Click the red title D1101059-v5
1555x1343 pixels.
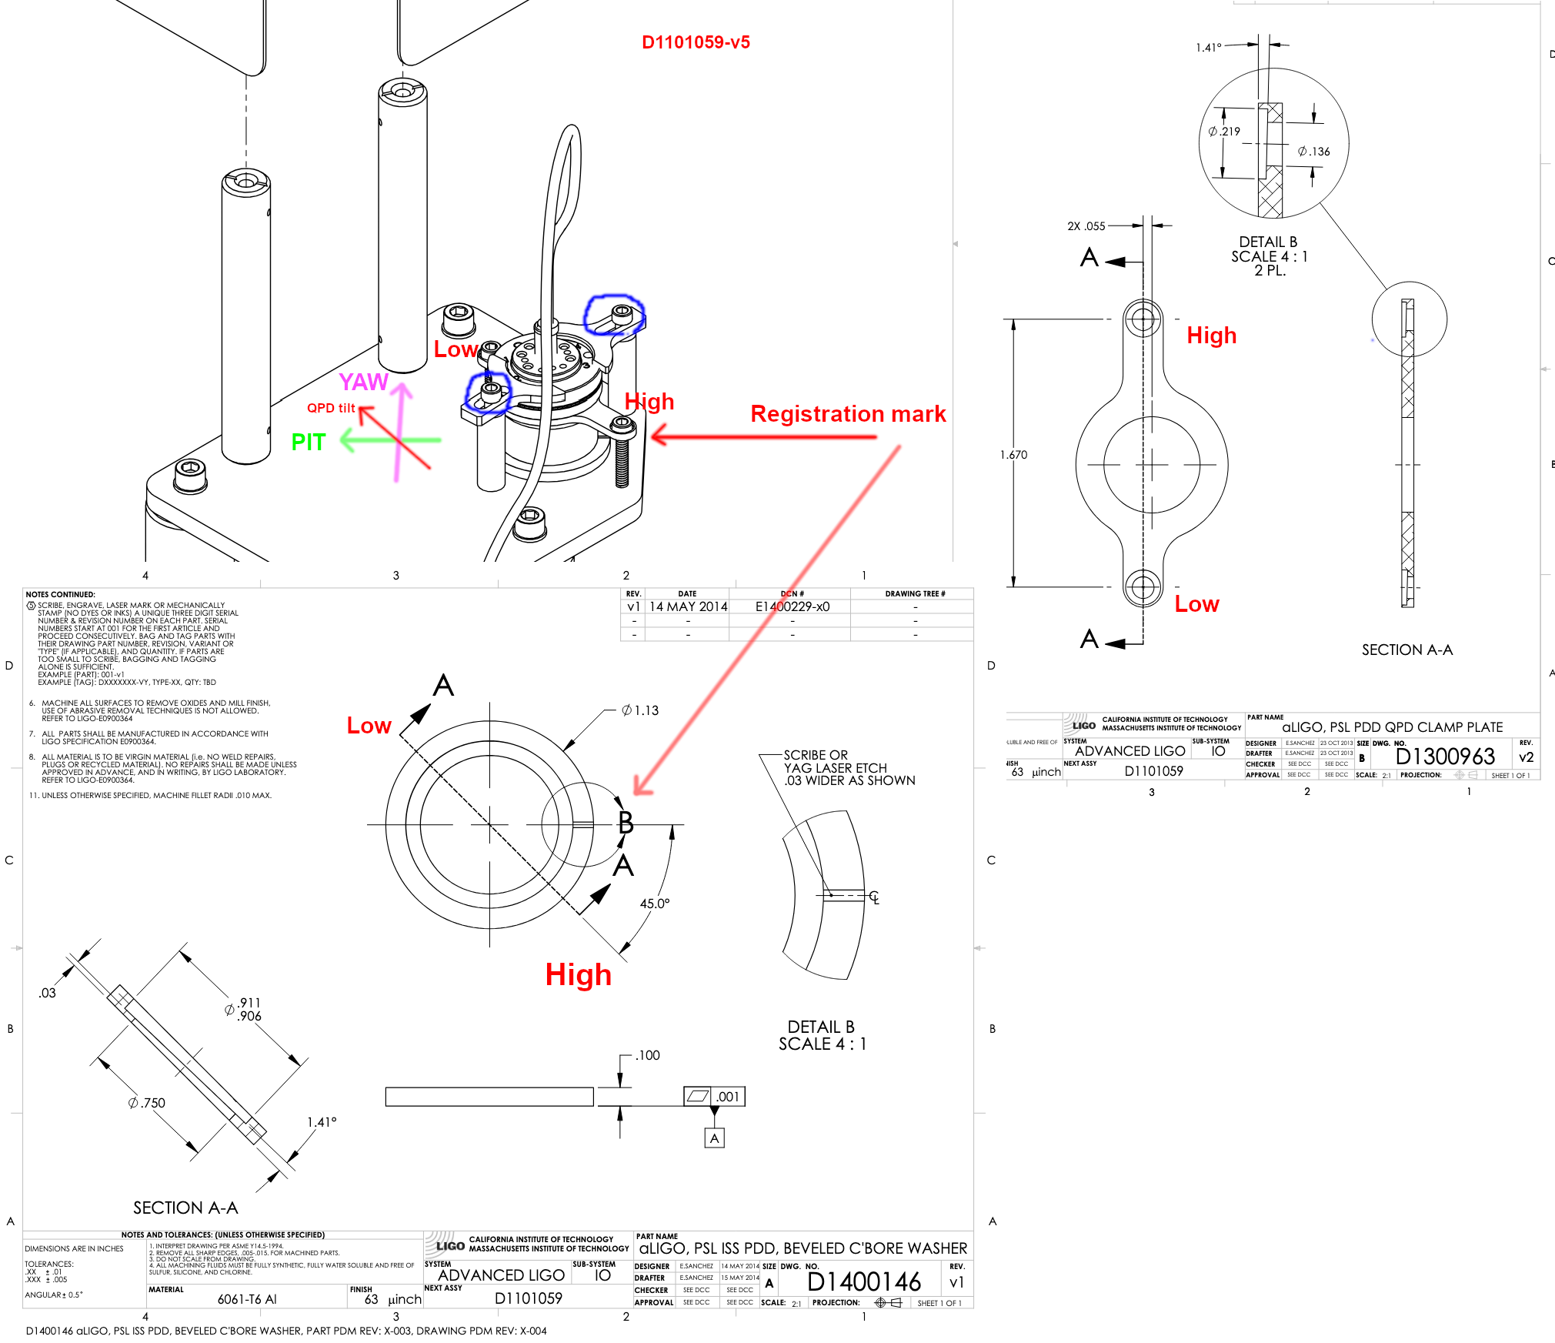[696, 42]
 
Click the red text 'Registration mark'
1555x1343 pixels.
[848, 414]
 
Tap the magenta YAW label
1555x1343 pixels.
[363, 382]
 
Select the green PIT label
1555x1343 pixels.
[308, 443]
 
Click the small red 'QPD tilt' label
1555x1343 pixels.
[331, 408]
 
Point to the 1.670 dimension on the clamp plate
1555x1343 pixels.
[1013, 455]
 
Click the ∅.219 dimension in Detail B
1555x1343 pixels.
[1224, 132]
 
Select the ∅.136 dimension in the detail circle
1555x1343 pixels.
[1314, 152]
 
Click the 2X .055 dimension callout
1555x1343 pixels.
[1086, 226]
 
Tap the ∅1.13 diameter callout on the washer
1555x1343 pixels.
[640, 710]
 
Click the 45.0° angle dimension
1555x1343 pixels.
[655, 904]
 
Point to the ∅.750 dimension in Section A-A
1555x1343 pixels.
[147, 1103]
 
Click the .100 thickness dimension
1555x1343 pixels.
[648, 1055]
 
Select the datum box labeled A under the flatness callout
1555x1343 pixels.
[714, 1138]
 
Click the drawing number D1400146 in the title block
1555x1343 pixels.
[863, 1282]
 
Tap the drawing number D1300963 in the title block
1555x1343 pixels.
[1445, 757]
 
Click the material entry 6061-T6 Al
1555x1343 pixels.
[247, 1299]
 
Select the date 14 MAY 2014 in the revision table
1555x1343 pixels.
[688, 606]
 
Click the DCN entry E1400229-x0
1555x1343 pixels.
[793, 606]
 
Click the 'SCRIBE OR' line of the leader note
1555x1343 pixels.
[816, 755]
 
